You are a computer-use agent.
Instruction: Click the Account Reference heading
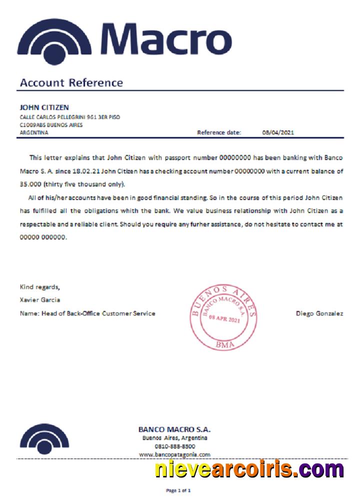(x=71, y=82)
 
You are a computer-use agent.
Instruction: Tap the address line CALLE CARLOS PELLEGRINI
(x=69, y=117)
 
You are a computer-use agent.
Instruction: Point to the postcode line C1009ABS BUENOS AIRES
(x=51, y=125)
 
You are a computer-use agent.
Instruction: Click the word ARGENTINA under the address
(x=34, y=132)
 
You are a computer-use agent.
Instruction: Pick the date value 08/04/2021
(x=278, y=132)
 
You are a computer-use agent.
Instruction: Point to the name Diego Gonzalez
(x=319, y=313)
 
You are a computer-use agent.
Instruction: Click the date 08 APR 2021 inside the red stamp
(x=224, y=318)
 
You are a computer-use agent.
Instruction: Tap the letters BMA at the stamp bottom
(x=223, y=344)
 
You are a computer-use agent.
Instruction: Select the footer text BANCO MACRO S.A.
(x=174, y=429)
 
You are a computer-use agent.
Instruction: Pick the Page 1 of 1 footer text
(x=178, y=490)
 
